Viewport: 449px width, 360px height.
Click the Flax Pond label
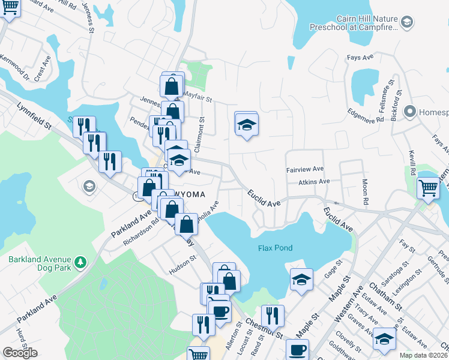(x=274, y=248)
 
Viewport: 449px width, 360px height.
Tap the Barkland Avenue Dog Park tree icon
(x=79, y=263)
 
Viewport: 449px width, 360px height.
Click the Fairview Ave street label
(x=305, y=169)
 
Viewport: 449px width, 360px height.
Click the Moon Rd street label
(x=364, y=192)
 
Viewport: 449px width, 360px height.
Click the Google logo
(x=20, y=353)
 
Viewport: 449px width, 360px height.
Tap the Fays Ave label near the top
(x=360, y=58)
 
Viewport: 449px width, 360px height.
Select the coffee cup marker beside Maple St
(x=297, y=349)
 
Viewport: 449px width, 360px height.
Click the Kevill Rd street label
(x=412, y=163)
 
